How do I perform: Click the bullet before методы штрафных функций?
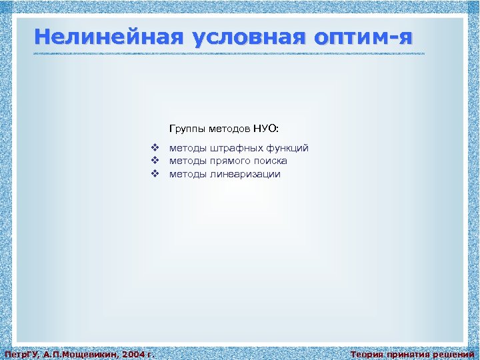pyautogui.click(x=154, y=148)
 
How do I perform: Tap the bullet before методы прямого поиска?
pyautogui.click(x=154, y=161)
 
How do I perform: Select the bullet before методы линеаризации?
pyautogui.click(x=154, y=174)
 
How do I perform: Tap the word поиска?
pyautogui.click(x=270, y=161)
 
